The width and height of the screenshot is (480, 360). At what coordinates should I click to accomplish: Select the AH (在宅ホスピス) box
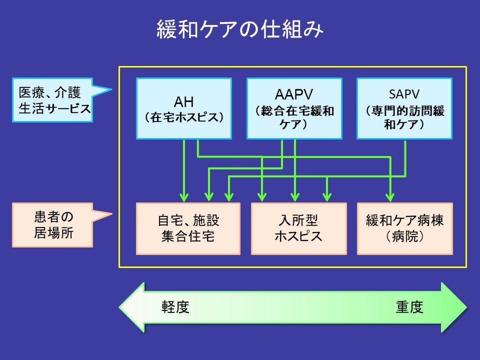(x=184, y=108)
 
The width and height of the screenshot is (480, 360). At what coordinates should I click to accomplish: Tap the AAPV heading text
(x=294, y=95)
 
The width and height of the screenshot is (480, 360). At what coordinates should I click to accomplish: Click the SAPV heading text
(x=404, y=95)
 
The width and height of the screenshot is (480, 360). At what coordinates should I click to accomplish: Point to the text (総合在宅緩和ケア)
(x=294, y=117)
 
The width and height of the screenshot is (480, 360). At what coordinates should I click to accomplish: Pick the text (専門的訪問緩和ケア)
(x=404, y=117)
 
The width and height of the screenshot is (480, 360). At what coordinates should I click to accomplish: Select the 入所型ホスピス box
(x=298, y=228)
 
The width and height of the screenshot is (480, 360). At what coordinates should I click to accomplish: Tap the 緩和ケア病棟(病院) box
(x=404, y=228)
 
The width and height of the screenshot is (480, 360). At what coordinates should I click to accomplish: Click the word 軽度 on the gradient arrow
(x=175, y=306)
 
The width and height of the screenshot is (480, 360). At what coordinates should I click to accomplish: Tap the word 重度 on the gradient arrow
(x=409, y=306)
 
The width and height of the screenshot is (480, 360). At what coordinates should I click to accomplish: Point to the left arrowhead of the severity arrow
(x=131, y=307)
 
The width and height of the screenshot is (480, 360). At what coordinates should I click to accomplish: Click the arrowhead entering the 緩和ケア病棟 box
(x=390, y=196)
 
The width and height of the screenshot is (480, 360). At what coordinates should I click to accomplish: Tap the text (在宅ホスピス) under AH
(x=184, y=117)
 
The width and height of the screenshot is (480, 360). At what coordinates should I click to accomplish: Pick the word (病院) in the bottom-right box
(x=404, y=236)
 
